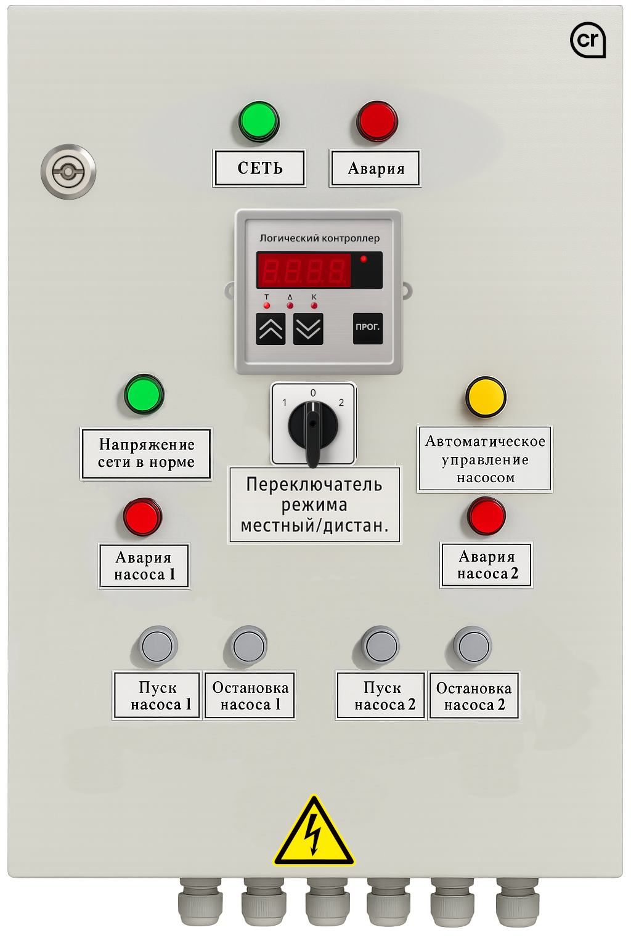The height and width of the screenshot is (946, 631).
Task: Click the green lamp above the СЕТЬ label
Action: (259, 121)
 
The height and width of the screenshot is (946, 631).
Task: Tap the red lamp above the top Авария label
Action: (377, 121)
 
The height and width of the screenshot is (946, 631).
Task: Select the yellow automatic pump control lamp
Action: (486, 397)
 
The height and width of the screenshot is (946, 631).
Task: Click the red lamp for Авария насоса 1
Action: (142, 517)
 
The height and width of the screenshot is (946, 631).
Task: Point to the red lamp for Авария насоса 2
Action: (486, 516)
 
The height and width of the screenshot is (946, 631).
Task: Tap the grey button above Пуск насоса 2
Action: (381, 646)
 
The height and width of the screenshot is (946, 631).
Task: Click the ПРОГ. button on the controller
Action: (368, 328)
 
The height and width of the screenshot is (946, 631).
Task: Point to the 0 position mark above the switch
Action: (313, 393)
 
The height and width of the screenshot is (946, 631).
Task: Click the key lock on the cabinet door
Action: (68, 172)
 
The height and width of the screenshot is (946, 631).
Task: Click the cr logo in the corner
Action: (588, 40)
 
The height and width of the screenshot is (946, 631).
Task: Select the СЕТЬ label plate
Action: (259, 168)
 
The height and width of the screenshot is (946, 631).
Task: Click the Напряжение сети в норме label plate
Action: (146, 453)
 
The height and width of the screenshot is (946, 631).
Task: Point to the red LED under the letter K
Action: (314, 305)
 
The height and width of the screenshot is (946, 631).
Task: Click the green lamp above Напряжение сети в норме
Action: (144, 394)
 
